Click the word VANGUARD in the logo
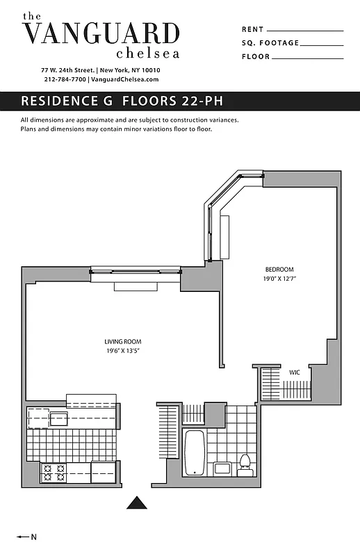point(101,34)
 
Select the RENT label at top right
point(253,29)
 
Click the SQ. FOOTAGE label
point(270,43)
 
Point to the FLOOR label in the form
point(256,56)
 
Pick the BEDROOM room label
point(279,270)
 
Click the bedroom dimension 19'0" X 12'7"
point(279,278)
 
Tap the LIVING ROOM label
point(123,341)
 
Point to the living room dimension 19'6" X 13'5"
point(123,350)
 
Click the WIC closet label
point(295,373)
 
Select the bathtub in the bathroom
point(195,452)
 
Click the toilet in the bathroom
point(245,461)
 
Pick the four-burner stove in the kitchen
point(55,473)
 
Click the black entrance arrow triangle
point(138,502)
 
